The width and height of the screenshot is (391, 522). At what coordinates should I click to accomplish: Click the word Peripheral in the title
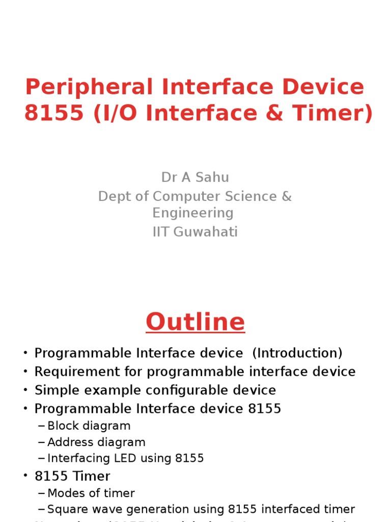pyautogui.click(x=89, y=88)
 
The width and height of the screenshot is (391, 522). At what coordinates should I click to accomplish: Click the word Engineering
pyautogui.click(x=193, y=213)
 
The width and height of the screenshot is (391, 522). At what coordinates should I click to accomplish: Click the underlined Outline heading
pyautogui.click(x=195, y=322)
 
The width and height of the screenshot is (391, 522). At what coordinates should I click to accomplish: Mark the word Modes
pyautogui.click(x=65, y=493)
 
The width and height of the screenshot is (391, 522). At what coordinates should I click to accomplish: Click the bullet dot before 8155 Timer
pyautogui.click(x=25, y=477)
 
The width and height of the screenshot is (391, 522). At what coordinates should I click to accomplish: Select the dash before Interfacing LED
pyautogui.click(x=42, y=458)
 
